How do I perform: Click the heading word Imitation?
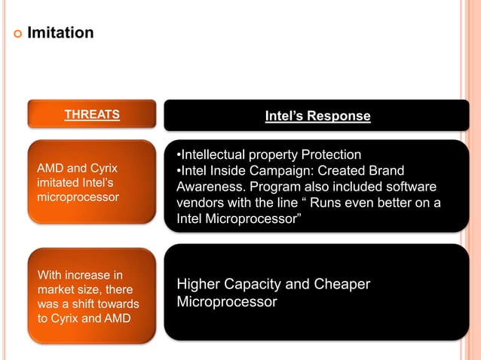[60, 33]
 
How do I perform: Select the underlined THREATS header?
[92, 114]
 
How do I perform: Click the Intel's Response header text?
[317, 116]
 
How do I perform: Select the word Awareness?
[210, 188]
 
